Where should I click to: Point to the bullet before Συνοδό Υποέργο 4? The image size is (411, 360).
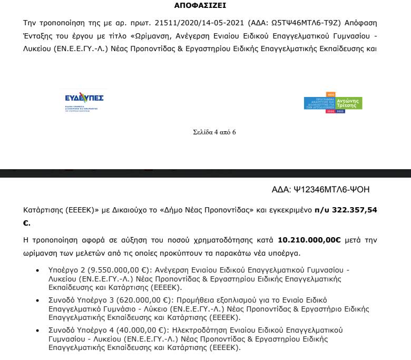tap(36, 331)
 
